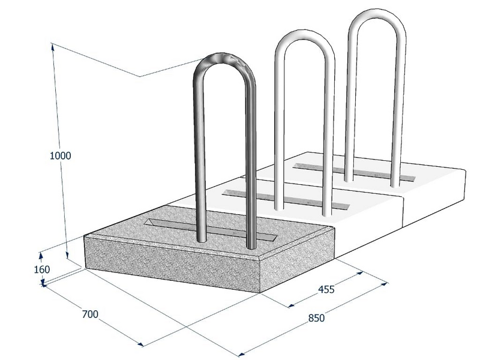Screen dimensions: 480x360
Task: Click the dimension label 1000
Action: click(61, 155)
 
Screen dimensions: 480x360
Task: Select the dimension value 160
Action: click(41, 269)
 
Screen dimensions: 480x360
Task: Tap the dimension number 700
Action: click(90, 314)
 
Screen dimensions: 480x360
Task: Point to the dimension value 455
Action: click(326, 289)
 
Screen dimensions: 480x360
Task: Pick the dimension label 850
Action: click(316, 319)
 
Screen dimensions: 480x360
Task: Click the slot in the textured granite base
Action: click(211, 229)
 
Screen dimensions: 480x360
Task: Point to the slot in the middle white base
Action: click(286, 200)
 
